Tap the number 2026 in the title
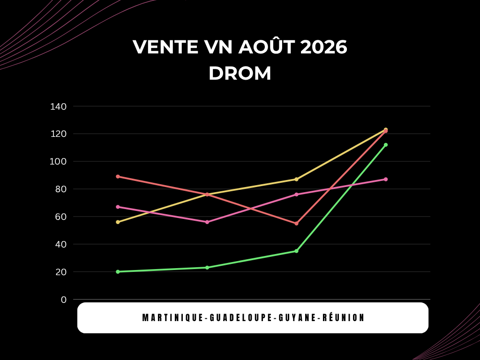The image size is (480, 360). point(324,47)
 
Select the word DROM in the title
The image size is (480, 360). point(240,74)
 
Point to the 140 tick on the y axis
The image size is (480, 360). point(58,106)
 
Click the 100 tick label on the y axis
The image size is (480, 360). point(58,162)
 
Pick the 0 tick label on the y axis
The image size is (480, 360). point(64,300)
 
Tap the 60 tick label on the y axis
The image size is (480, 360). point(60,217)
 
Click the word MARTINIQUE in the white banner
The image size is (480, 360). point(173,318)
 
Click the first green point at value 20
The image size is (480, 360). point(118,271)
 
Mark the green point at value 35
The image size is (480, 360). point(296,251)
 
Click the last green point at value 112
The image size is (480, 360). point(386,145)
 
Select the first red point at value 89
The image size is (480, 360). point(118,177)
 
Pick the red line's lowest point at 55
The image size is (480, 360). point(296,224)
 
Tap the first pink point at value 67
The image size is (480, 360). point(118,207)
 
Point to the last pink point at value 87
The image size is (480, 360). point(386,179)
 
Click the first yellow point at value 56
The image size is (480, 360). point(118,222)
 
